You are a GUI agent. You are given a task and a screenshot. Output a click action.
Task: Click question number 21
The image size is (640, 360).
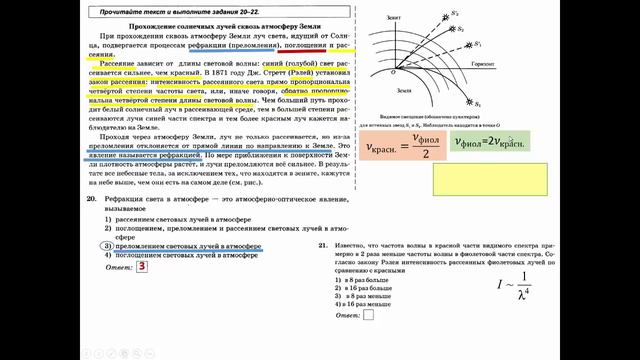(321, 245)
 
